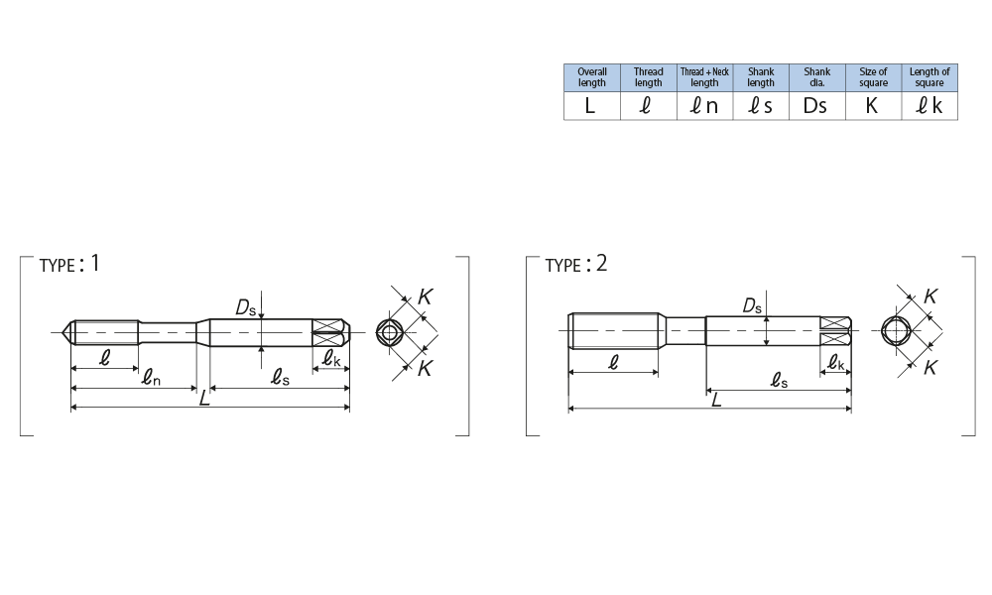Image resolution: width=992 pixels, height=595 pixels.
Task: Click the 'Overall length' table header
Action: [x=592, y=77]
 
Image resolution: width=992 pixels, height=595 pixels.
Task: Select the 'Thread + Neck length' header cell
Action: [x=704, y=77]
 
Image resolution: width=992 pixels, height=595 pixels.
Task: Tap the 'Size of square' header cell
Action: [x=873, y=77]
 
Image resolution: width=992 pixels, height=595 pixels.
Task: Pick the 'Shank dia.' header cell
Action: [x=816, y=77]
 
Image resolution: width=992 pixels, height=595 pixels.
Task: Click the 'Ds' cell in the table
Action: [x=815, y=106]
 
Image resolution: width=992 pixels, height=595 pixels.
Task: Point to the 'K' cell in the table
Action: [x=872, y=106]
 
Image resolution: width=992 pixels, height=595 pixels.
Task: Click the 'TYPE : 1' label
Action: [x=69, y=265]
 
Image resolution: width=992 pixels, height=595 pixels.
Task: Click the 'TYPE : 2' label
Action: [x=575, y=265]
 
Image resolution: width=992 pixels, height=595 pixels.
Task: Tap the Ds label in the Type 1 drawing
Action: [x=245, y=308]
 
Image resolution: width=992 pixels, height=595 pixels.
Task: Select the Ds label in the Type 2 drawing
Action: [x=752, y=306]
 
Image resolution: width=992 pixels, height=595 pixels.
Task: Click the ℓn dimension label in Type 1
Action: [x=150, y=377]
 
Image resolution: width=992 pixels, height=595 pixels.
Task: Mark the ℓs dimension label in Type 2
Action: [x=780, y=379]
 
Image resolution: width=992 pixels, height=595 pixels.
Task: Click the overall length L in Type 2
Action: [x=714, y=399]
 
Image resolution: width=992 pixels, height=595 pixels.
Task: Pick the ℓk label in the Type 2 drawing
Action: [x=836, y=365]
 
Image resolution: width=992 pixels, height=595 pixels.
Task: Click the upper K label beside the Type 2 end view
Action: [x=930, y=296]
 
